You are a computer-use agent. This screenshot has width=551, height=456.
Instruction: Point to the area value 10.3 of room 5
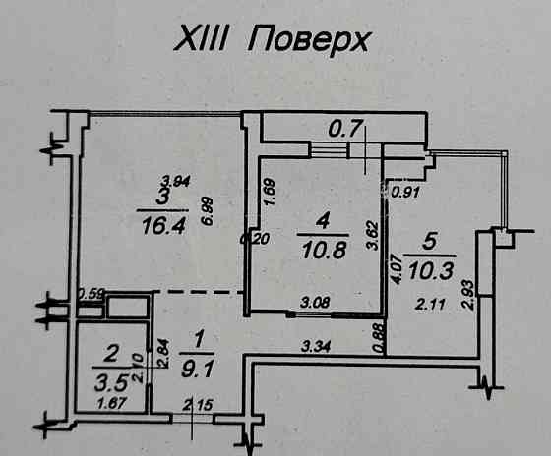click(431, 266)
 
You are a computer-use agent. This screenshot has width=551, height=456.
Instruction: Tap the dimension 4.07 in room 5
click(395, 269)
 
